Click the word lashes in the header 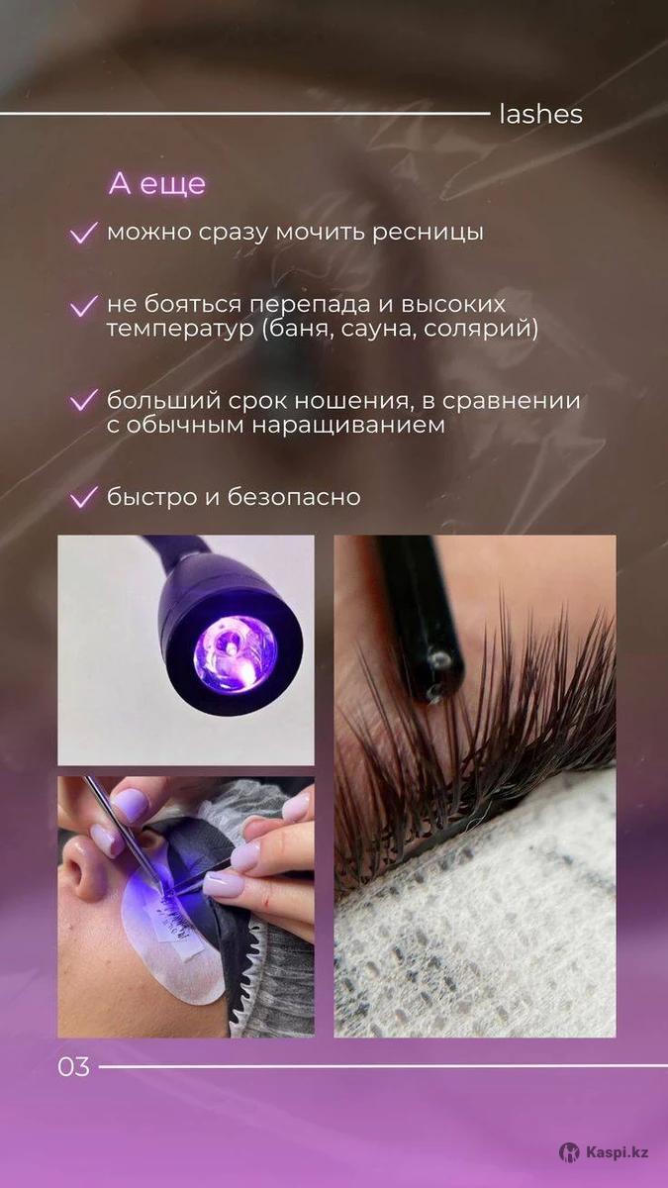540,115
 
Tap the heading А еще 157,183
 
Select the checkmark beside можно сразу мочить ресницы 84,233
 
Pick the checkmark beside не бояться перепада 84,306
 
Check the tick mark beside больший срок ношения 84,401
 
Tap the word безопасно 294,497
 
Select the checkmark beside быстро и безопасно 84,497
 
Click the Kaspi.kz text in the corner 618,1148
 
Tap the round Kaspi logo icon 569,1148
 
